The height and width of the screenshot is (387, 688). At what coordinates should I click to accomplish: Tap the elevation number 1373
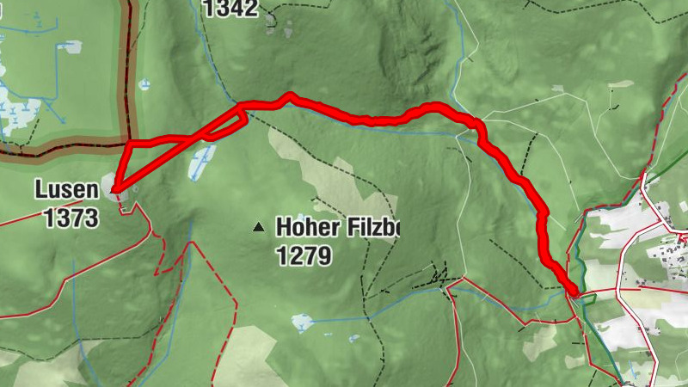71,218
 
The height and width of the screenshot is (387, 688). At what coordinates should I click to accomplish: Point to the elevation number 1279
304,255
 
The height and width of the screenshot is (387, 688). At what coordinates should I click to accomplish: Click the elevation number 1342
231,9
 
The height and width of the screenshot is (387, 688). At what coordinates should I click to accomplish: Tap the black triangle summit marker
257,228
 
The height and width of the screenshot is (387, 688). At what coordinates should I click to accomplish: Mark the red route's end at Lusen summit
114,190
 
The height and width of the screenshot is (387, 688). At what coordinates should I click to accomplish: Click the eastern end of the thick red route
571,292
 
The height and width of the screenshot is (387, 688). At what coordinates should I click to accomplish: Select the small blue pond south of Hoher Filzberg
301,322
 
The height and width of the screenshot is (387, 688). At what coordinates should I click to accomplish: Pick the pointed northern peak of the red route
291,95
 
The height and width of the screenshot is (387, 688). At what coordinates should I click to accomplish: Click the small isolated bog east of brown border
144,85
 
